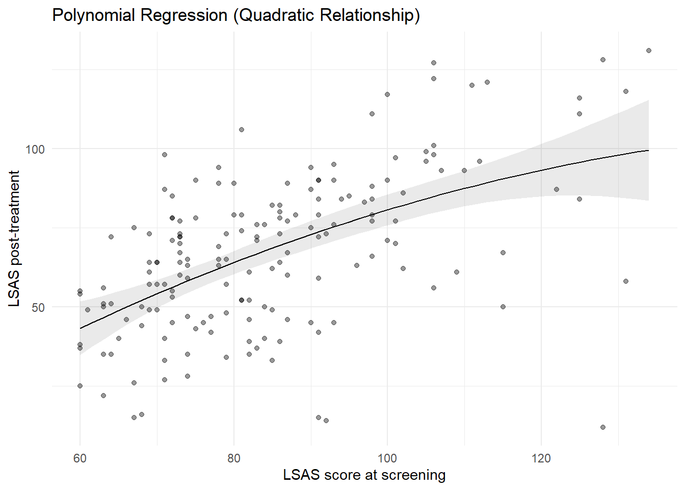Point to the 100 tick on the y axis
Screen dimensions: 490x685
[x=35, y=149]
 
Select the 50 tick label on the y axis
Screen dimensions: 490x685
[x=38, y=307]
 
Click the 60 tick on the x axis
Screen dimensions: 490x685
[x=80, y=458]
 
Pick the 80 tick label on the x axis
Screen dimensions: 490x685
[x=234, y=458]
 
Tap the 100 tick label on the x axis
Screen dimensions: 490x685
[x=387, y=458]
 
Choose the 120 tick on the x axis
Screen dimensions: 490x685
[x=541, y=458]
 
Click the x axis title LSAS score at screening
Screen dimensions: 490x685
[x=364, y=475]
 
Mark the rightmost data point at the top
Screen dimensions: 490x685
[x=649, y=51]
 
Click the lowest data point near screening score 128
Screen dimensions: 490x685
[x=603, y=427]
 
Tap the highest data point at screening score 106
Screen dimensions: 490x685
[x=434, y=63]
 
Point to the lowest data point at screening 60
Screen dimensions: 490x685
[x=80, y=386]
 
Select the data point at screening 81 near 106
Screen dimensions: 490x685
[x=242, y=130]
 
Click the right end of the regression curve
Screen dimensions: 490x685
[x=648, y=150]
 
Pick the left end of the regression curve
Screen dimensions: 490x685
[x=81, y=328]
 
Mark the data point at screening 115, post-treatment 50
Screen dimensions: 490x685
[x=503, y=307]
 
